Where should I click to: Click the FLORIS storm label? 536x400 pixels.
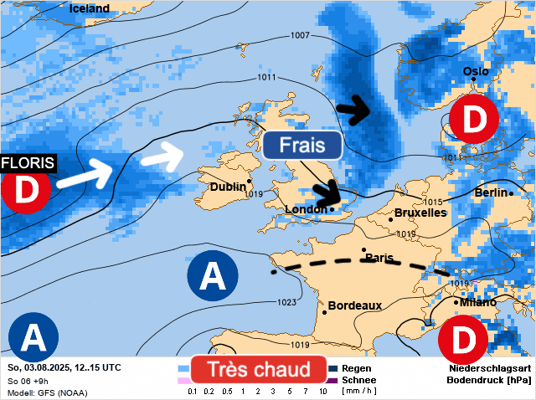28,162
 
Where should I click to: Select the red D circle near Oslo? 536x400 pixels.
473,120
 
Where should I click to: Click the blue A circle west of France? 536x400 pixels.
211,274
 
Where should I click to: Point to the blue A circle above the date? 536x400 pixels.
33,336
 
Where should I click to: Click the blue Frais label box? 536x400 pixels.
301,145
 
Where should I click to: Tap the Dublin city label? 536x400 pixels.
228,187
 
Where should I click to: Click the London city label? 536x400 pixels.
305,209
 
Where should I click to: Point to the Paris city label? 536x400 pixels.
379,258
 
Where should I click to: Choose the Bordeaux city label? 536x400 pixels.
355,306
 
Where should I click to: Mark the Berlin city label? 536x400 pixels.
491,193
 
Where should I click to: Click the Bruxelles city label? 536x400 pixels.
420,213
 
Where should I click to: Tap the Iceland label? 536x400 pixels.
90,8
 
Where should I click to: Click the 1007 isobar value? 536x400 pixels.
300,35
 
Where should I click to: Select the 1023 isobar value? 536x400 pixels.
286,302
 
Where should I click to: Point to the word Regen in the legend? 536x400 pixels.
357,368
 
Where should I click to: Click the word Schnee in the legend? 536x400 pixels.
359,380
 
